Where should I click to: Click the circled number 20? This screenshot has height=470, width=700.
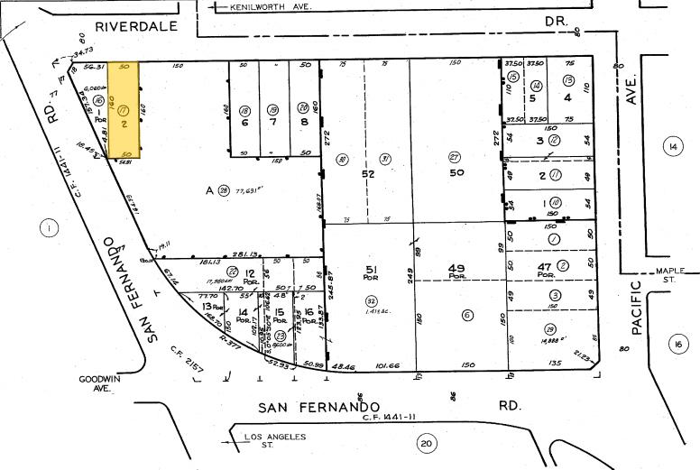[426, 443]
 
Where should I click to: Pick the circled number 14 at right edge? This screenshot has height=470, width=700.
[672, 146]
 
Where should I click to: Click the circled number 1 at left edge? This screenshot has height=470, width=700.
[47, 228]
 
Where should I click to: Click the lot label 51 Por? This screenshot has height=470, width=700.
[370, 272]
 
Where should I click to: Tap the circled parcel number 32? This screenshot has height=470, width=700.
[370, 301]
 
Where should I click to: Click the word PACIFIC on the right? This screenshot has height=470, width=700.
[638, 307]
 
